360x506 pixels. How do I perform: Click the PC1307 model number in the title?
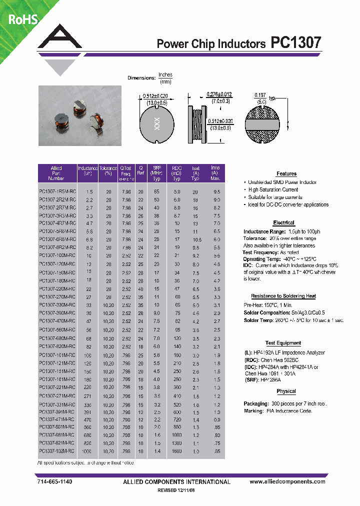(x=295, y=43)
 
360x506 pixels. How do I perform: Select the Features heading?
(x=286, y=173)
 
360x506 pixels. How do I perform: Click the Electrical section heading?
(x=283, y=222)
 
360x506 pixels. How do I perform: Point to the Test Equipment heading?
(x=283, y=343)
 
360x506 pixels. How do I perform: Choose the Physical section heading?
(x=286, y=391)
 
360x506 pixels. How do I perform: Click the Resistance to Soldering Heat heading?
(x=283, y=296)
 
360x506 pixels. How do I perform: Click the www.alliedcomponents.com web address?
(x=287, y=481)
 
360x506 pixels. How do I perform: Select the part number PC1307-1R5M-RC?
(x=57, y=192)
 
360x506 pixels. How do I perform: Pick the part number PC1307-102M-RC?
(x=57, y=450)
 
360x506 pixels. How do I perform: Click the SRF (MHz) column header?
(x=156, y=173)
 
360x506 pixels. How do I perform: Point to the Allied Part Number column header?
(x=56, y=173)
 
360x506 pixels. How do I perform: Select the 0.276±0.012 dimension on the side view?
(x=219, y=94)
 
